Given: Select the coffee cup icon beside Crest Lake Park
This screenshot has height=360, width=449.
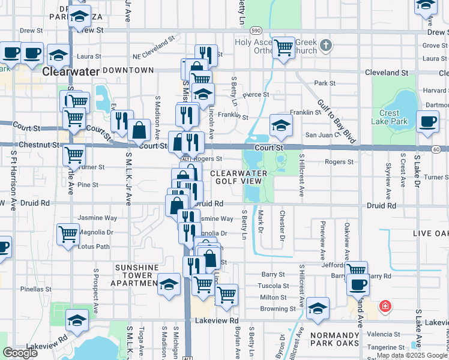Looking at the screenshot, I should pos(428,122).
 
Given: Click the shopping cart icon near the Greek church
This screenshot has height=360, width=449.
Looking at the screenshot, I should pos(284,47).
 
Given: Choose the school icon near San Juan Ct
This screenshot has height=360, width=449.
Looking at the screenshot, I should pos(280,125).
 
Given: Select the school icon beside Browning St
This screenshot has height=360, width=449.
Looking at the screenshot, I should pos(318,308).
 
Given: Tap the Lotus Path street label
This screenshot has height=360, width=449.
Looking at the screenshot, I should pos(94,246).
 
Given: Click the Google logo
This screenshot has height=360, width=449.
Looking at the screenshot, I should pos(20,353).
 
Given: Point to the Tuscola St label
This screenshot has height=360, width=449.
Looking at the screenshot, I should pos(273,286).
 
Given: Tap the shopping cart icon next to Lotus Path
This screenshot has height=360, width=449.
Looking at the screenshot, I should pos(68,234).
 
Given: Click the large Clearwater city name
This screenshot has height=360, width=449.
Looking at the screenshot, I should pos(70,71).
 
